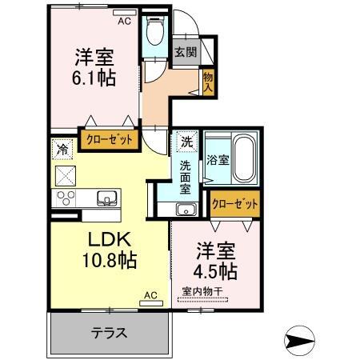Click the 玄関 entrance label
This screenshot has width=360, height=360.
click(x=185, y=53)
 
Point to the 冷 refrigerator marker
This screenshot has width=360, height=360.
click(x=62, y=149)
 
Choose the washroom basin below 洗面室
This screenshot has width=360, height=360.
click(x=186, y=210)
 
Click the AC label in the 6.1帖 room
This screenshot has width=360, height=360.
click(x=124, y=22)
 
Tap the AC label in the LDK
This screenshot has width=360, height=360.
click(x=150, y=296)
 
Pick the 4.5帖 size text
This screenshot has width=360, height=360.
click(x=216, y=270)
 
